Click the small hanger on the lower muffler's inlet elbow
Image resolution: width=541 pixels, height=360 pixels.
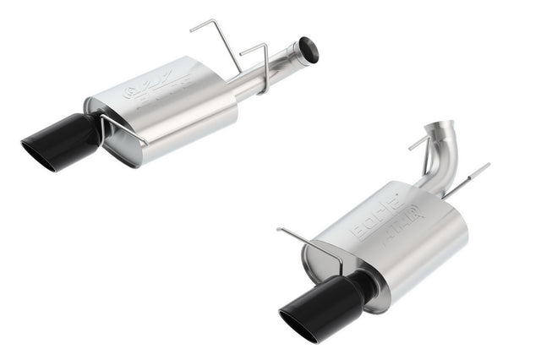pyautogui.click(x=419, y=144)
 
